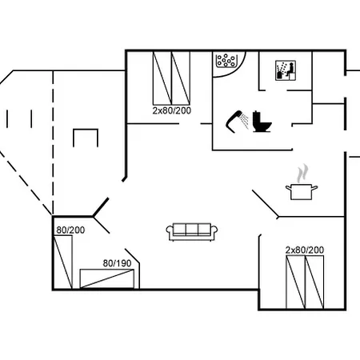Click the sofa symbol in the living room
point(192,232)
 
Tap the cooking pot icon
point(302,191)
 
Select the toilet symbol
point(262,122)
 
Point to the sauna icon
point(286,70)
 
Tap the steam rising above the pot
point(302,174)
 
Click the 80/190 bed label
point(117,263)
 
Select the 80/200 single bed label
point(70,230)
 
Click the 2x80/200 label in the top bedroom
point(172,110)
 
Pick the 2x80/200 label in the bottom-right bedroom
point(305,250)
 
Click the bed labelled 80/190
point(107,278)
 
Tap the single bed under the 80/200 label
point(63,262)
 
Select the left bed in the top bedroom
point(162,78)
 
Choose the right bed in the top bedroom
point(181,78)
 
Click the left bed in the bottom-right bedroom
point(295,282)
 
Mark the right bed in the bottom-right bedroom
point(314,282)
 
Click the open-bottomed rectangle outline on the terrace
point(86,130)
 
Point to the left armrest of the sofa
point(170,230)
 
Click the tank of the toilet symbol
point(257,117)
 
